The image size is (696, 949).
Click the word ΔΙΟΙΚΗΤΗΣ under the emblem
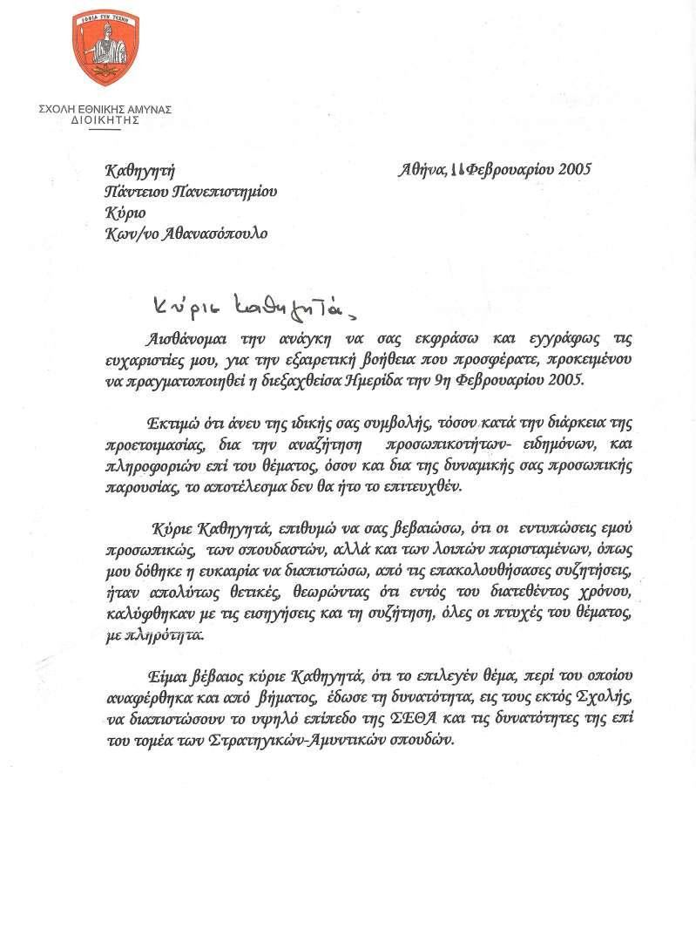[105, 121]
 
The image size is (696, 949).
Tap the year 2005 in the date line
[570, 169]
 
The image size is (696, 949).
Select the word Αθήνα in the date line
[422, 169]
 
